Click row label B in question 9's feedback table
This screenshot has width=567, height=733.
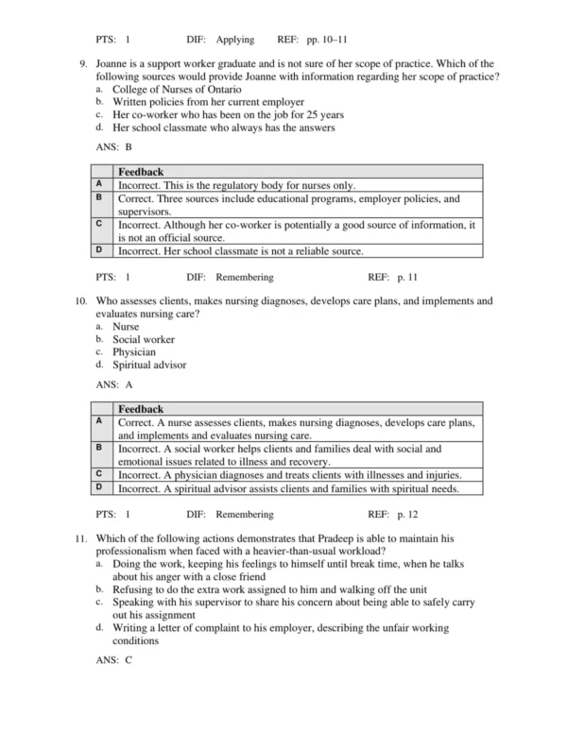coord(99,197)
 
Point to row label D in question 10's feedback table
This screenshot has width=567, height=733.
coord(99,486)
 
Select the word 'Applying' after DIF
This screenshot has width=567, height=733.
coord(235,40)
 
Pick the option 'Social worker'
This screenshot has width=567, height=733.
coord(143,339)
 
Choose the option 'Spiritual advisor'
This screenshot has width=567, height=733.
coord(149,364)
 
